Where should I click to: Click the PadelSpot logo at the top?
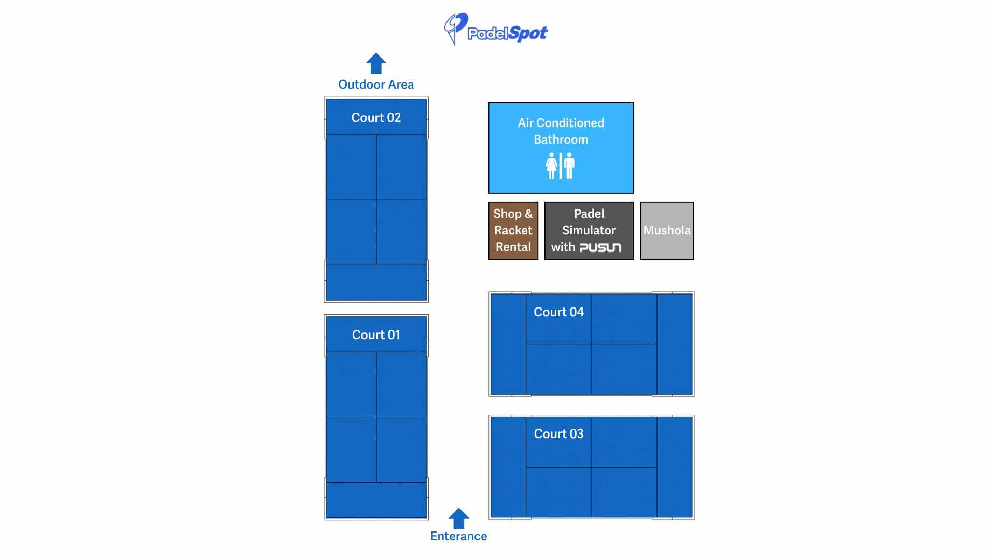495,30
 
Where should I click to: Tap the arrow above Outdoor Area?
376,63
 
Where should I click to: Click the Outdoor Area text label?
376,85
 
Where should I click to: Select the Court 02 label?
376,118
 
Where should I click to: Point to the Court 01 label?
376,335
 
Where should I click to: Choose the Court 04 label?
558,312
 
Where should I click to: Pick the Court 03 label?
558,434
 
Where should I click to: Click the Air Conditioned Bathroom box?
561,148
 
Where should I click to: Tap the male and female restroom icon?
560,166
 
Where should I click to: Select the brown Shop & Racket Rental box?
513,231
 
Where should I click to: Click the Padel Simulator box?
589,231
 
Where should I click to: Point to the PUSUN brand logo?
600,247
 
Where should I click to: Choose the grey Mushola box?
667,231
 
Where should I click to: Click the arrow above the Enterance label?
458,519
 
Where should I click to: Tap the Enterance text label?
458,536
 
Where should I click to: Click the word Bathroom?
561,139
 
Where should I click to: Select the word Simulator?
589,230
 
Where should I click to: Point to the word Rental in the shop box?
513,247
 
